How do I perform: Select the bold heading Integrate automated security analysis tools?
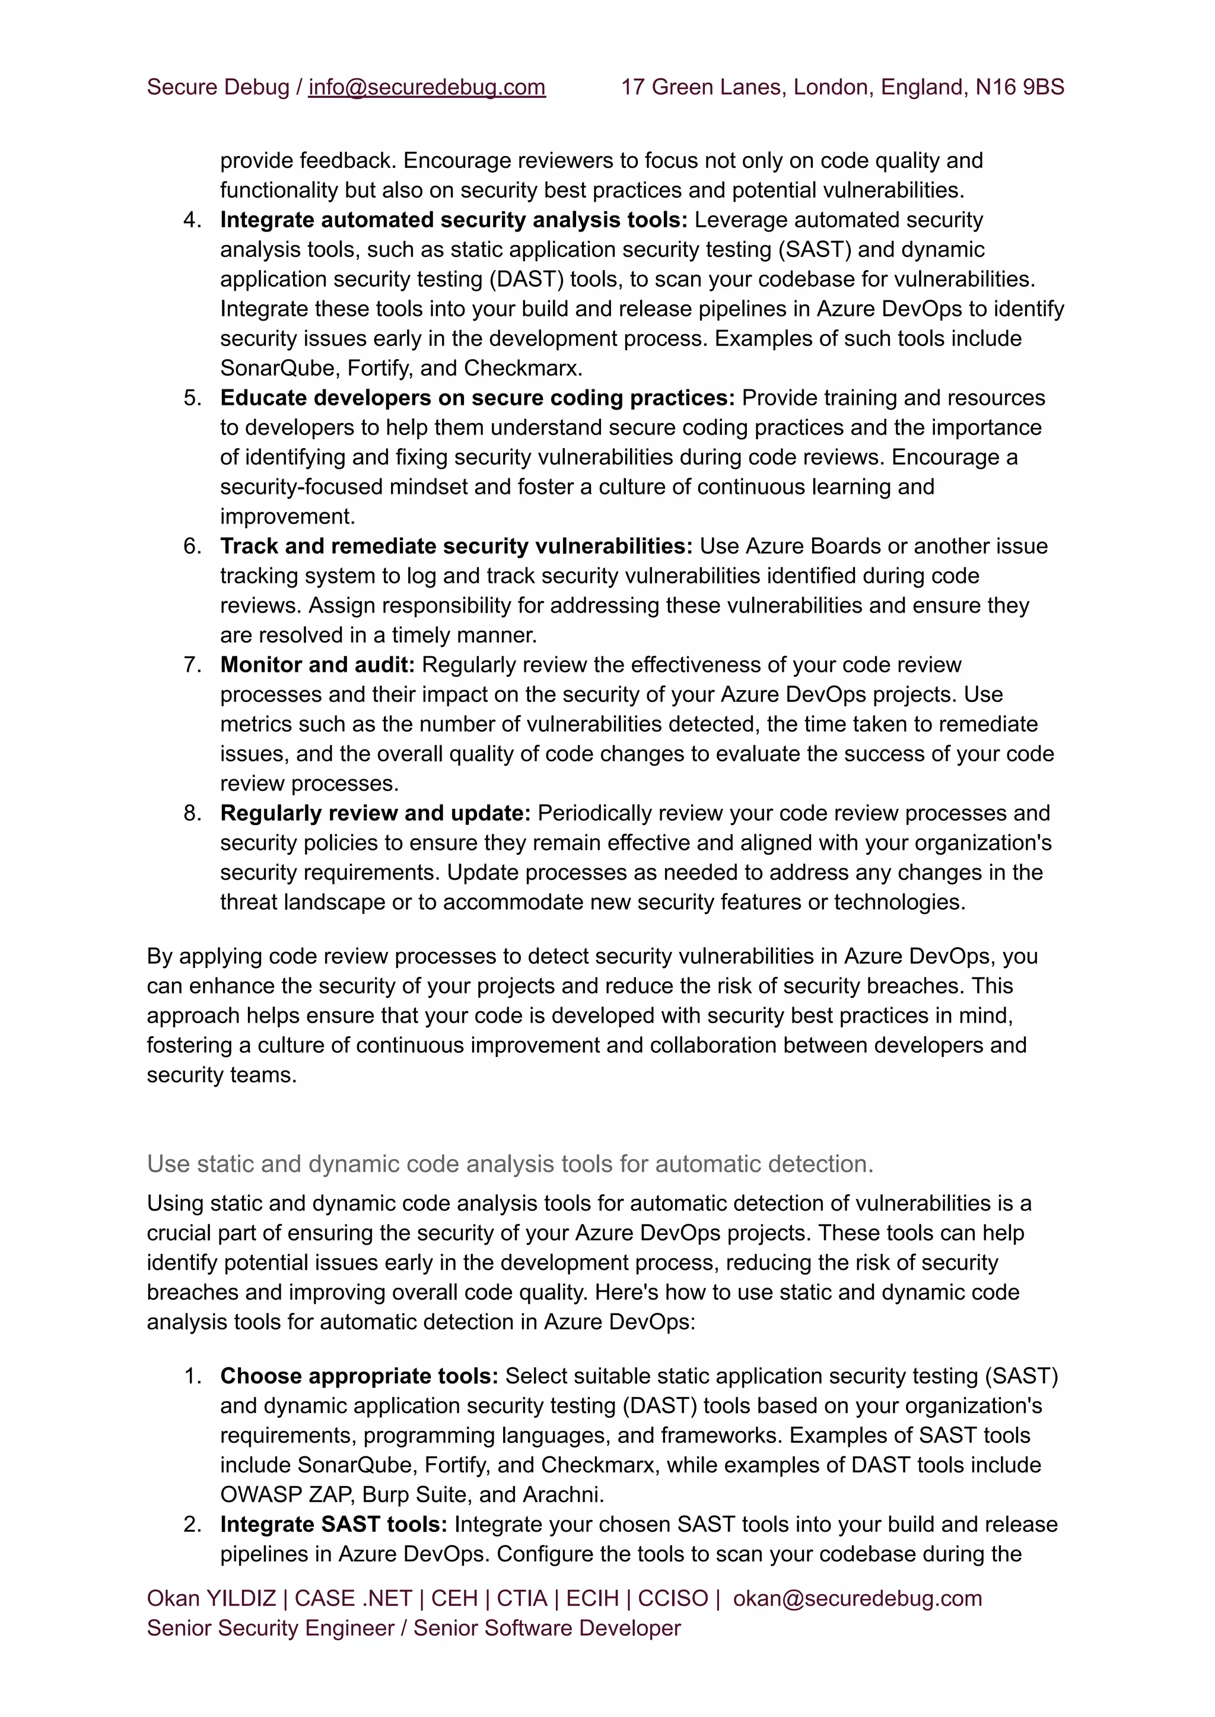click(x=453, y=220)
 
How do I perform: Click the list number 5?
click(x=192, y=398)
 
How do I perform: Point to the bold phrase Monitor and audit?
click(x=317, y=665)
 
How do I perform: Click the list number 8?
click(x=192, y=813)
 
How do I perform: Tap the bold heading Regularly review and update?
click(x=375, y=813)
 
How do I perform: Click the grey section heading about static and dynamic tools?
click(x=510, y=1164)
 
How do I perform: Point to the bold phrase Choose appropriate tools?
click(x=359, y=1376)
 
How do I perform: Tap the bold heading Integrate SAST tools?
click(x=333, y=1524)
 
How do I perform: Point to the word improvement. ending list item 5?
click(x=287, y=516)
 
